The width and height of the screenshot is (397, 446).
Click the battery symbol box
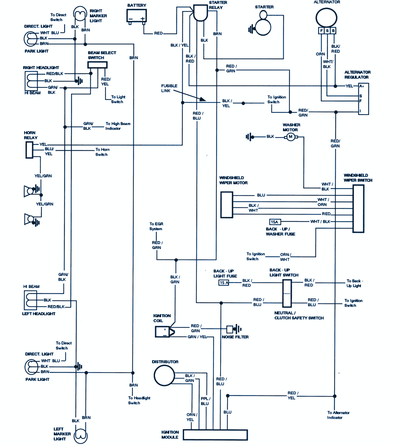coord(137,16)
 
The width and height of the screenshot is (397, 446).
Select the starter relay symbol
coord(200,13)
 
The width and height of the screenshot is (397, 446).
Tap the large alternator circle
coord(326,17)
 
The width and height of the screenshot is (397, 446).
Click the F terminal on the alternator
coord(321,31)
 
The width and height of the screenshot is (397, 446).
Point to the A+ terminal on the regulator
coord(362,86)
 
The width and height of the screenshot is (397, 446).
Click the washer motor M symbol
coord(291,137)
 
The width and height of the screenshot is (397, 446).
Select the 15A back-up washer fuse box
coord(275,222)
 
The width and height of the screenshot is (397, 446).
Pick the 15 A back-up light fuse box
coord(224,283)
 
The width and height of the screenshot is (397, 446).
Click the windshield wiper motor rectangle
coord(226,205)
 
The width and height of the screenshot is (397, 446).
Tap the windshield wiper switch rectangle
coord(358,209)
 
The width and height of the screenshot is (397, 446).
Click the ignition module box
coord(215,435)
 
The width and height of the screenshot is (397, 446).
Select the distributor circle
coord(164,375)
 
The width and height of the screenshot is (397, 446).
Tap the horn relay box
coord(29,150)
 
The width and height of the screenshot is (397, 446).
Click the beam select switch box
coord(97,65)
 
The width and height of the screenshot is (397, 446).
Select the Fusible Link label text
coord(169,88)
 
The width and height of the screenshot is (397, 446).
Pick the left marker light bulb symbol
coord(81,436)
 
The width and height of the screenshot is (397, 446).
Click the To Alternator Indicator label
coord(338,415)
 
